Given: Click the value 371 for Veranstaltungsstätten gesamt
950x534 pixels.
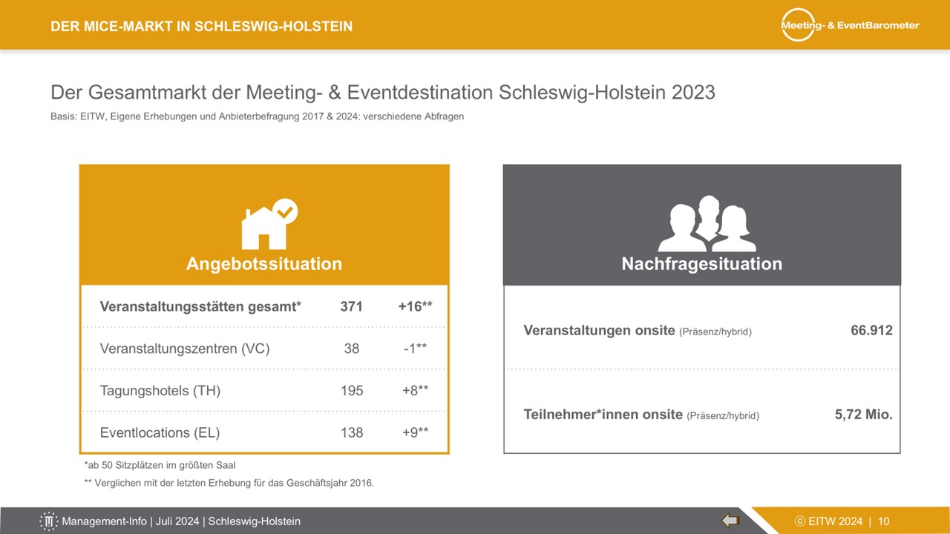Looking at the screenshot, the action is (x=351, y=306).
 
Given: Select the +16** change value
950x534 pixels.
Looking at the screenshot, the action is (x=415, y=306).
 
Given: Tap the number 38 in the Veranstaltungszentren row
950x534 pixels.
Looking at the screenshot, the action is (x=352, y=349).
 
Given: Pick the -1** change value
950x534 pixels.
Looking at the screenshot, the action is (x=415, y=349).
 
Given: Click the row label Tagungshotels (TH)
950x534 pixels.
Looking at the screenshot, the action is (x=160, y=390).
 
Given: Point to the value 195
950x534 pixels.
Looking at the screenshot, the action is (x=352, y=390).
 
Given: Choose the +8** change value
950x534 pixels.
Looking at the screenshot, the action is (x=415, y=390).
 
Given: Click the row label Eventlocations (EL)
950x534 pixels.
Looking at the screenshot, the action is (x=160, y=432).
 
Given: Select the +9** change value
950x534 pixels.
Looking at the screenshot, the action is (x=415, y=432).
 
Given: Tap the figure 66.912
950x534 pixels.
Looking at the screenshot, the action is (x=871, y=330).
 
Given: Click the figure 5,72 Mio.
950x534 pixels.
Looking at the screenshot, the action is (x=863, y=415).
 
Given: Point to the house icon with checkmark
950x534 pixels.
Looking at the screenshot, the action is (x=269, y=224).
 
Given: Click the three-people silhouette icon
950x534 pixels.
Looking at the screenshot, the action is (x=707, y=224).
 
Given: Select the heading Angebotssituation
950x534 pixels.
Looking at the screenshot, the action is (x=264, y=263).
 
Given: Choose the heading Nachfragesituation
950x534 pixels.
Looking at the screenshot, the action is (x=702, y=263).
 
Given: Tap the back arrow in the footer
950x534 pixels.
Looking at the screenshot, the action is (x=731, y=520).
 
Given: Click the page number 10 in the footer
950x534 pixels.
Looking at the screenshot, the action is (x=884, y=521).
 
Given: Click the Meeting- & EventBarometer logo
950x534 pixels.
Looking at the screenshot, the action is (x=850, y=25).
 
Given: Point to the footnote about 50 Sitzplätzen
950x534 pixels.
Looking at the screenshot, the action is (x=160, y=465).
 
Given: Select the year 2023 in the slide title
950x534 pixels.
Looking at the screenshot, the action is (x=693, y=93).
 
